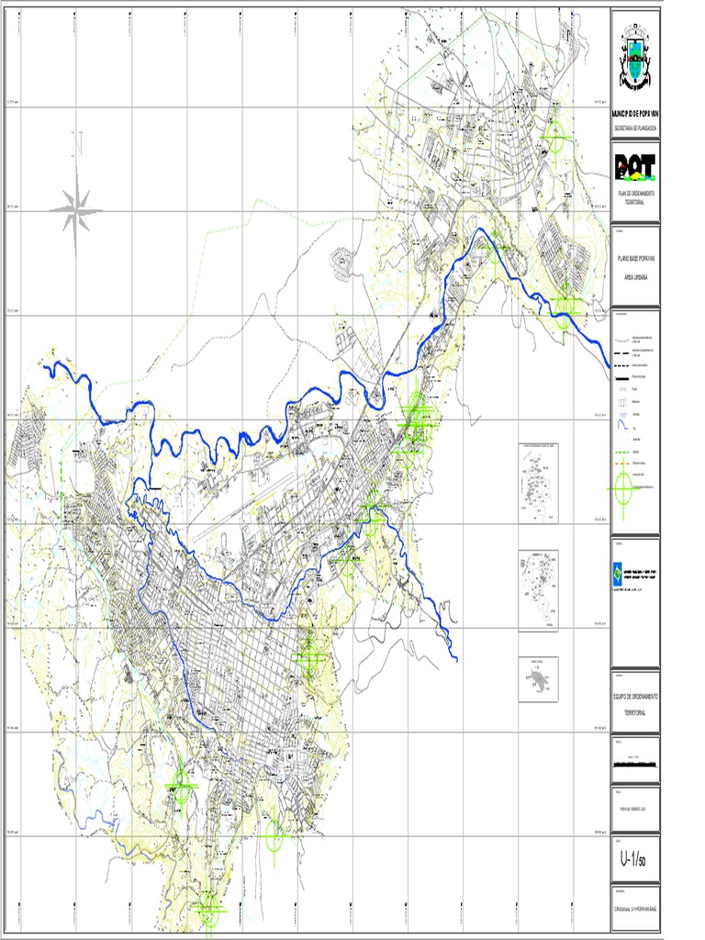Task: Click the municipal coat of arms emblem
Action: [x=635, y=57]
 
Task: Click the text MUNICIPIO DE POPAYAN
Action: [x=635, y=114]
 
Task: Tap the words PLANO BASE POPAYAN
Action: [x=635, y=262]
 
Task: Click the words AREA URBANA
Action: [x=635, y=275]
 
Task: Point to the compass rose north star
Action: [x=77, y=208]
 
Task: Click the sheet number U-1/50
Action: [x=634, y=860]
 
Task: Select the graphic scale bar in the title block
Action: [x=635, y=763]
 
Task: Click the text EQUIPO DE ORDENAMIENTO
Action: [x=635, y=697]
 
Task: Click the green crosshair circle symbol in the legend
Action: [x=623, y=486]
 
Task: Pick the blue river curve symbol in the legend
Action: [x=622, y=427]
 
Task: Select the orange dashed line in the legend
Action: [x=622, y=464]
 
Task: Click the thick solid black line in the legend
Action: [x=622, y=377]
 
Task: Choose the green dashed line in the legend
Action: [x=622, y=452]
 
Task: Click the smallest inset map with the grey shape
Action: [x=537, y=678]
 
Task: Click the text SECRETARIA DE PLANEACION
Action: [x=635, y=129]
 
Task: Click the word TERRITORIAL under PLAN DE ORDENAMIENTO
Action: [x=635, y=203]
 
